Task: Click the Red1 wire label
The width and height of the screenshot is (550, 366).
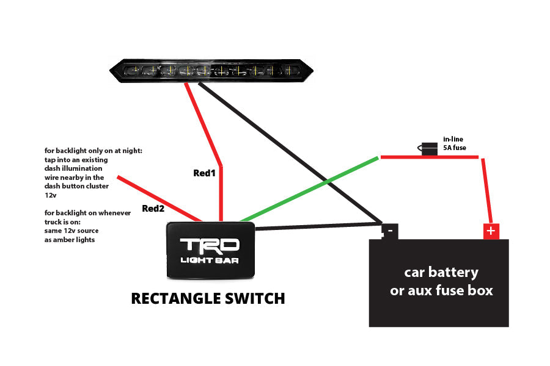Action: point(205,173)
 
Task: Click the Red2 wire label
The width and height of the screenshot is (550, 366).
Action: point(153,209)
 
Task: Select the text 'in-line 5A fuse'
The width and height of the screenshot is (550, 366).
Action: point(454,143)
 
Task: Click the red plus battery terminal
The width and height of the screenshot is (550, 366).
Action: point(491,231)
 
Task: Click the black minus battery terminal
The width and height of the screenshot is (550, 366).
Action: point(389,231)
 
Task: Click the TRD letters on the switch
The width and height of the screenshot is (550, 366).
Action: point(210,245)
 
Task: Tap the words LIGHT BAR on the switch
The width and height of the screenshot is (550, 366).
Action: point(210,260)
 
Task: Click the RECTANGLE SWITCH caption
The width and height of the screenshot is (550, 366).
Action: point(208,298)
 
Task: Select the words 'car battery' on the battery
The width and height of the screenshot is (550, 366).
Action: point(441,272)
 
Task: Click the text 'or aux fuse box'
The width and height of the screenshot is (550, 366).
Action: point(441,290)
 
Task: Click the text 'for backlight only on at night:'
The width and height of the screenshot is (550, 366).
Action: point(93,150)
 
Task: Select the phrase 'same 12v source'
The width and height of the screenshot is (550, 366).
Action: point(71,231)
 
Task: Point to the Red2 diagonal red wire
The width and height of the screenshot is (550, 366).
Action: point(159,198)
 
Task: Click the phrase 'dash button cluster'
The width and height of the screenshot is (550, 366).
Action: point(76,186)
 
